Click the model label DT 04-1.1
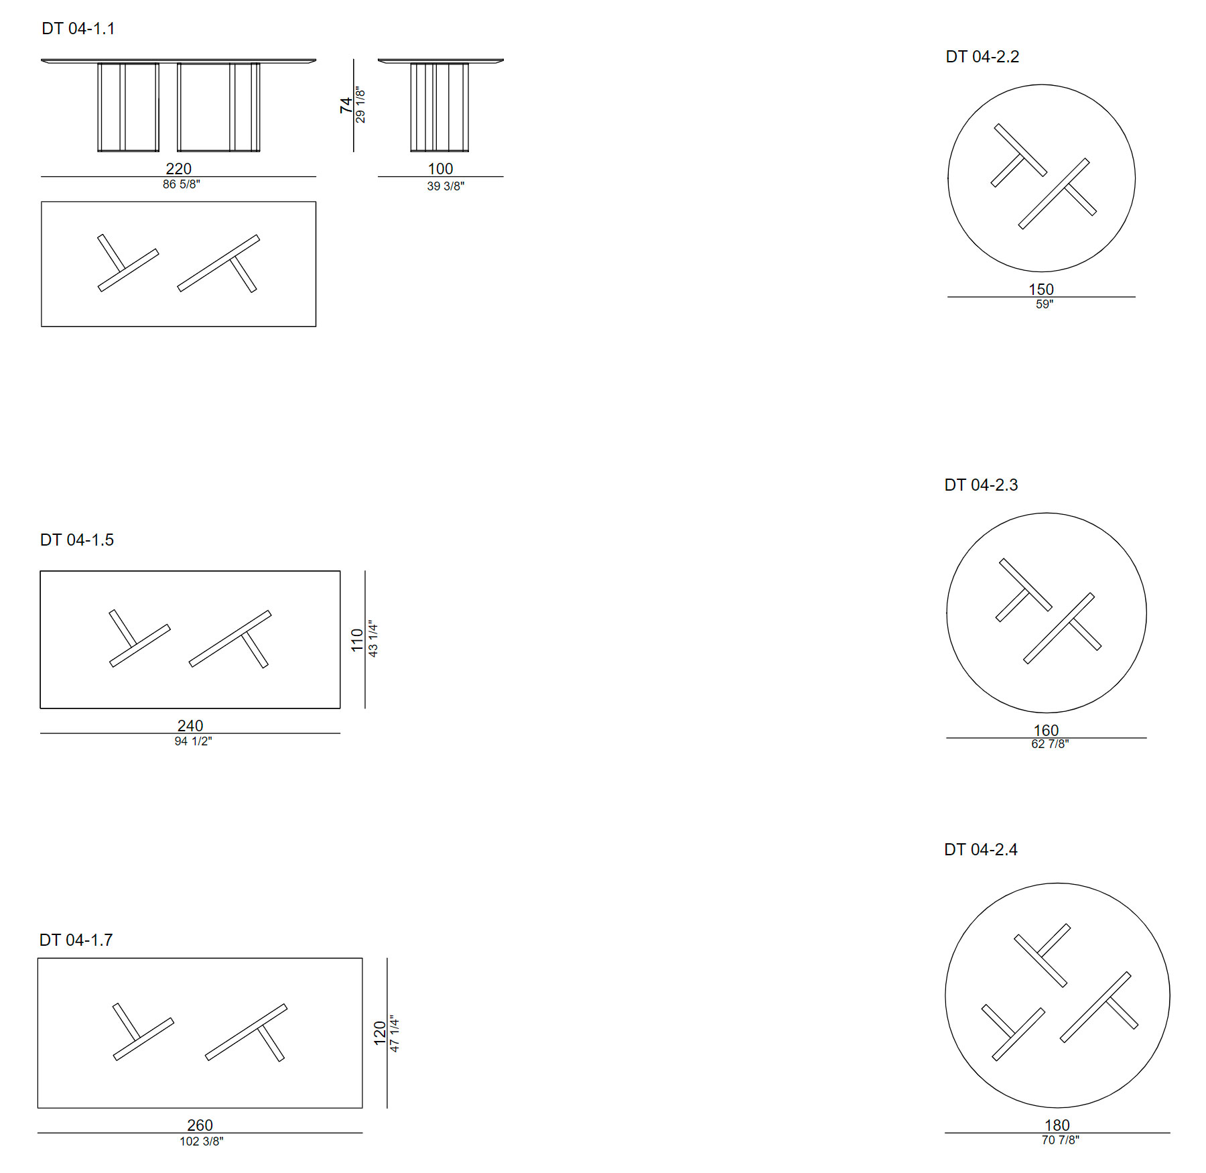pyautogui.click(x=78, y=29)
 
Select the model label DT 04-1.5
pyautogui.click(x=77, y=540)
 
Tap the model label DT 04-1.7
pyautogui.click(x=76, y=940)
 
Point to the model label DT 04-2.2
pyautogui.click(x=982, y=57)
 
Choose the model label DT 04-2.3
pyautogui.click(x=981, y=485)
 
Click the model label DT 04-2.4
pyautogui.click(x=981, y=850)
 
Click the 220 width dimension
pyautogui.click(x=179, y=169)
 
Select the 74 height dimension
pyautogui.click(x=346, y=105)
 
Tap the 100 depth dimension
pyautogui.click(x=441, y=169)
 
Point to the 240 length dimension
pyautogui.click(x=190, y=726)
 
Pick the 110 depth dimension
pyautogui.click(x=357, y=640)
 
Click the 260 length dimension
pyautogui.click(x=200, y=1125)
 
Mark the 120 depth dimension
pyautogui.click(x=380, y=1034)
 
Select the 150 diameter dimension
pyautogui.click(x=1041, y=290)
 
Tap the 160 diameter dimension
pyautogui.click(x=1046, y=731)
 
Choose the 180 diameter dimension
pyautogui.click(x=1057, y=1125)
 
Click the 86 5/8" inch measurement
pyautogui.click(x=182, y=184)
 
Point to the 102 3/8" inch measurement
pyautogui.click(x=202, y=1141)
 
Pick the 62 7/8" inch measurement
pyautogui.click(x=1050, y=744)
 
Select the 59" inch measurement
pyautogui.click(x=1045, y=304)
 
